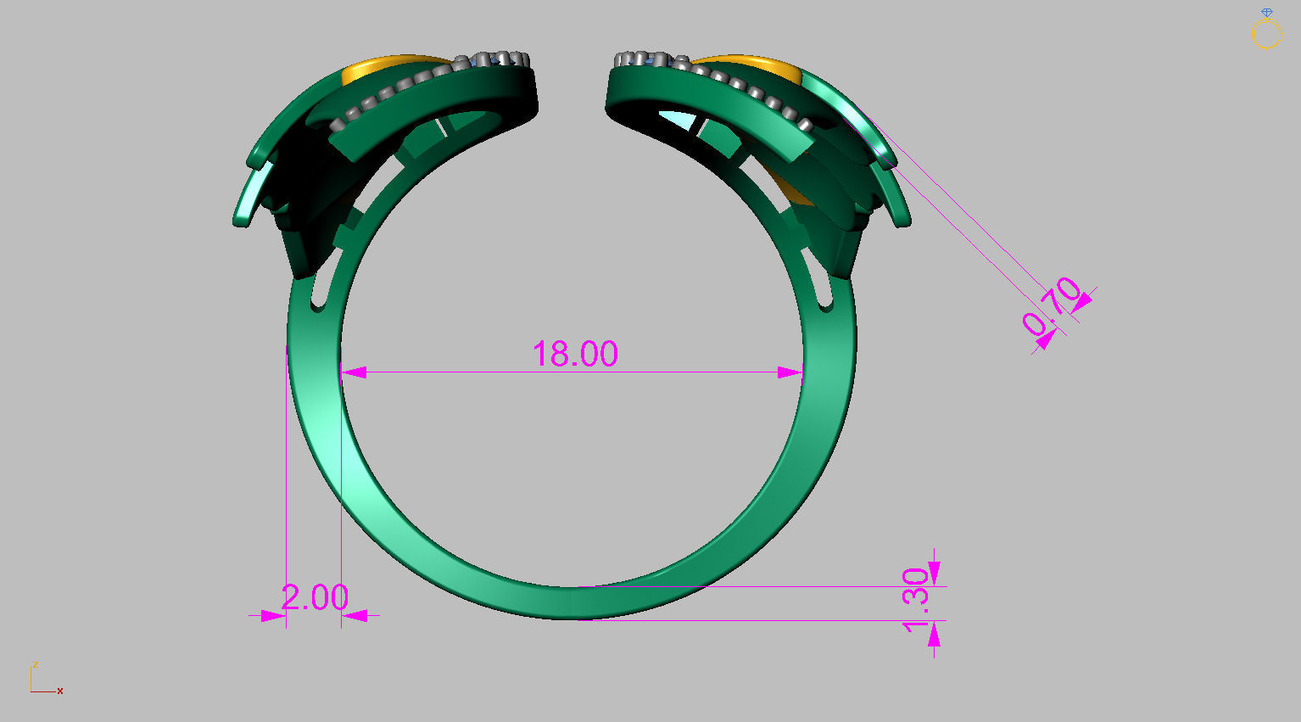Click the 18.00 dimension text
point(575,354)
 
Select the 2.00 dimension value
point(314,597)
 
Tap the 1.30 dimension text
point(916,600)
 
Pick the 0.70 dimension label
point(1052,305)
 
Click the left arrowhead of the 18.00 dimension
point(354,372)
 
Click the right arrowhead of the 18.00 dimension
point(790,372)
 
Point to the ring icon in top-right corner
point(1266,31)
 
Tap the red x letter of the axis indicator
point(60,691)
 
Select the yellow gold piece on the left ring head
point(382,68)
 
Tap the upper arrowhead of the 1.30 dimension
point(934,571)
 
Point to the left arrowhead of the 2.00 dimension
point(272,616)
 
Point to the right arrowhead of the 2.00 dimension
point(355,616)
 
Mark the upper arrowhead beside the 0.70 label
point(1081,299)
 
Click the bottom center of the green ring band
point(577,603)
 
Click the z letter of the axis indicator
point(36,664)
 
